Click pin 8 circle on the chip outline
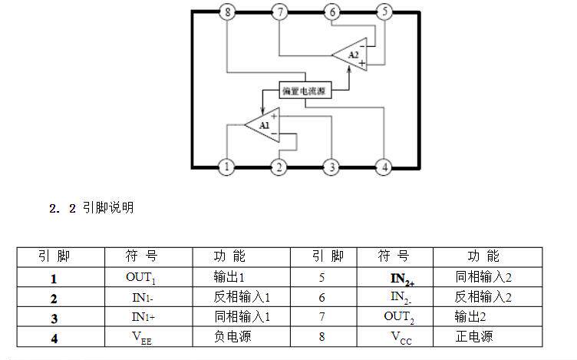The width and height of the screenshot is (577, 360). click(227, 12)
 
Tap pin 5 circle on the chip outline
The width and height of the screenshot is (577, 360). click(384, 12)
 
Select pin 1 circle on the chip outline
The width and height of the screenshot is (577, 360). click(226, 167)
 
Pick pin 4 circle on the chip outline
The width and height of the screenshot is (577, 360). click(384, 167)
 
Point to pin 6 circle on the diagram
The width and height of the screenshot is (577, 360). click(332, 12)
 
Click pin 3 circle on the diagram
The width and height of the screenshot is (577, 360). click(331, 167)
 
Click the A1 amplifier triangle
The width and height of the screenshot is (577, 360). click(262, 125)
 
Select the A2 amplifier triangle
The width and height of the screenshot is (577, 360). click(350, 54)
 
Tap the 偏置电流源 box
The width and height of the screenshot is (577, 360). click(305, 90)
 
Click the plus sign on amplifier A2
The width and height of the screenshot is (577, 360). click(362, 63)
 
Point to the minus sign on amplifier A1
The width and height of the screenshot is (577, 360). click(274, 134)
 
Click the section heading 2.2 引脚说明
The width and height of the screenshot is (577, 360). click(91, 208)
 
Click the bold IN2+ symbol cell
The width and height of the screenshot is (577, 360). click(395, 277)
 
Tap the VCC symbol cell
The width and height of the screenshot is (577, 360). click(395, 337)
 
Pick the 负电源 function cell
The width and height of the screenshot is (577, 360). click(242, 337)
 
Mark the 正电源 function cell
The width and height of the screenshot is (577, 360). click(487, 337)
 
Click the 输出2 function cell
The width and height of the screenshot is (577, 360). click(487, 317)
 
